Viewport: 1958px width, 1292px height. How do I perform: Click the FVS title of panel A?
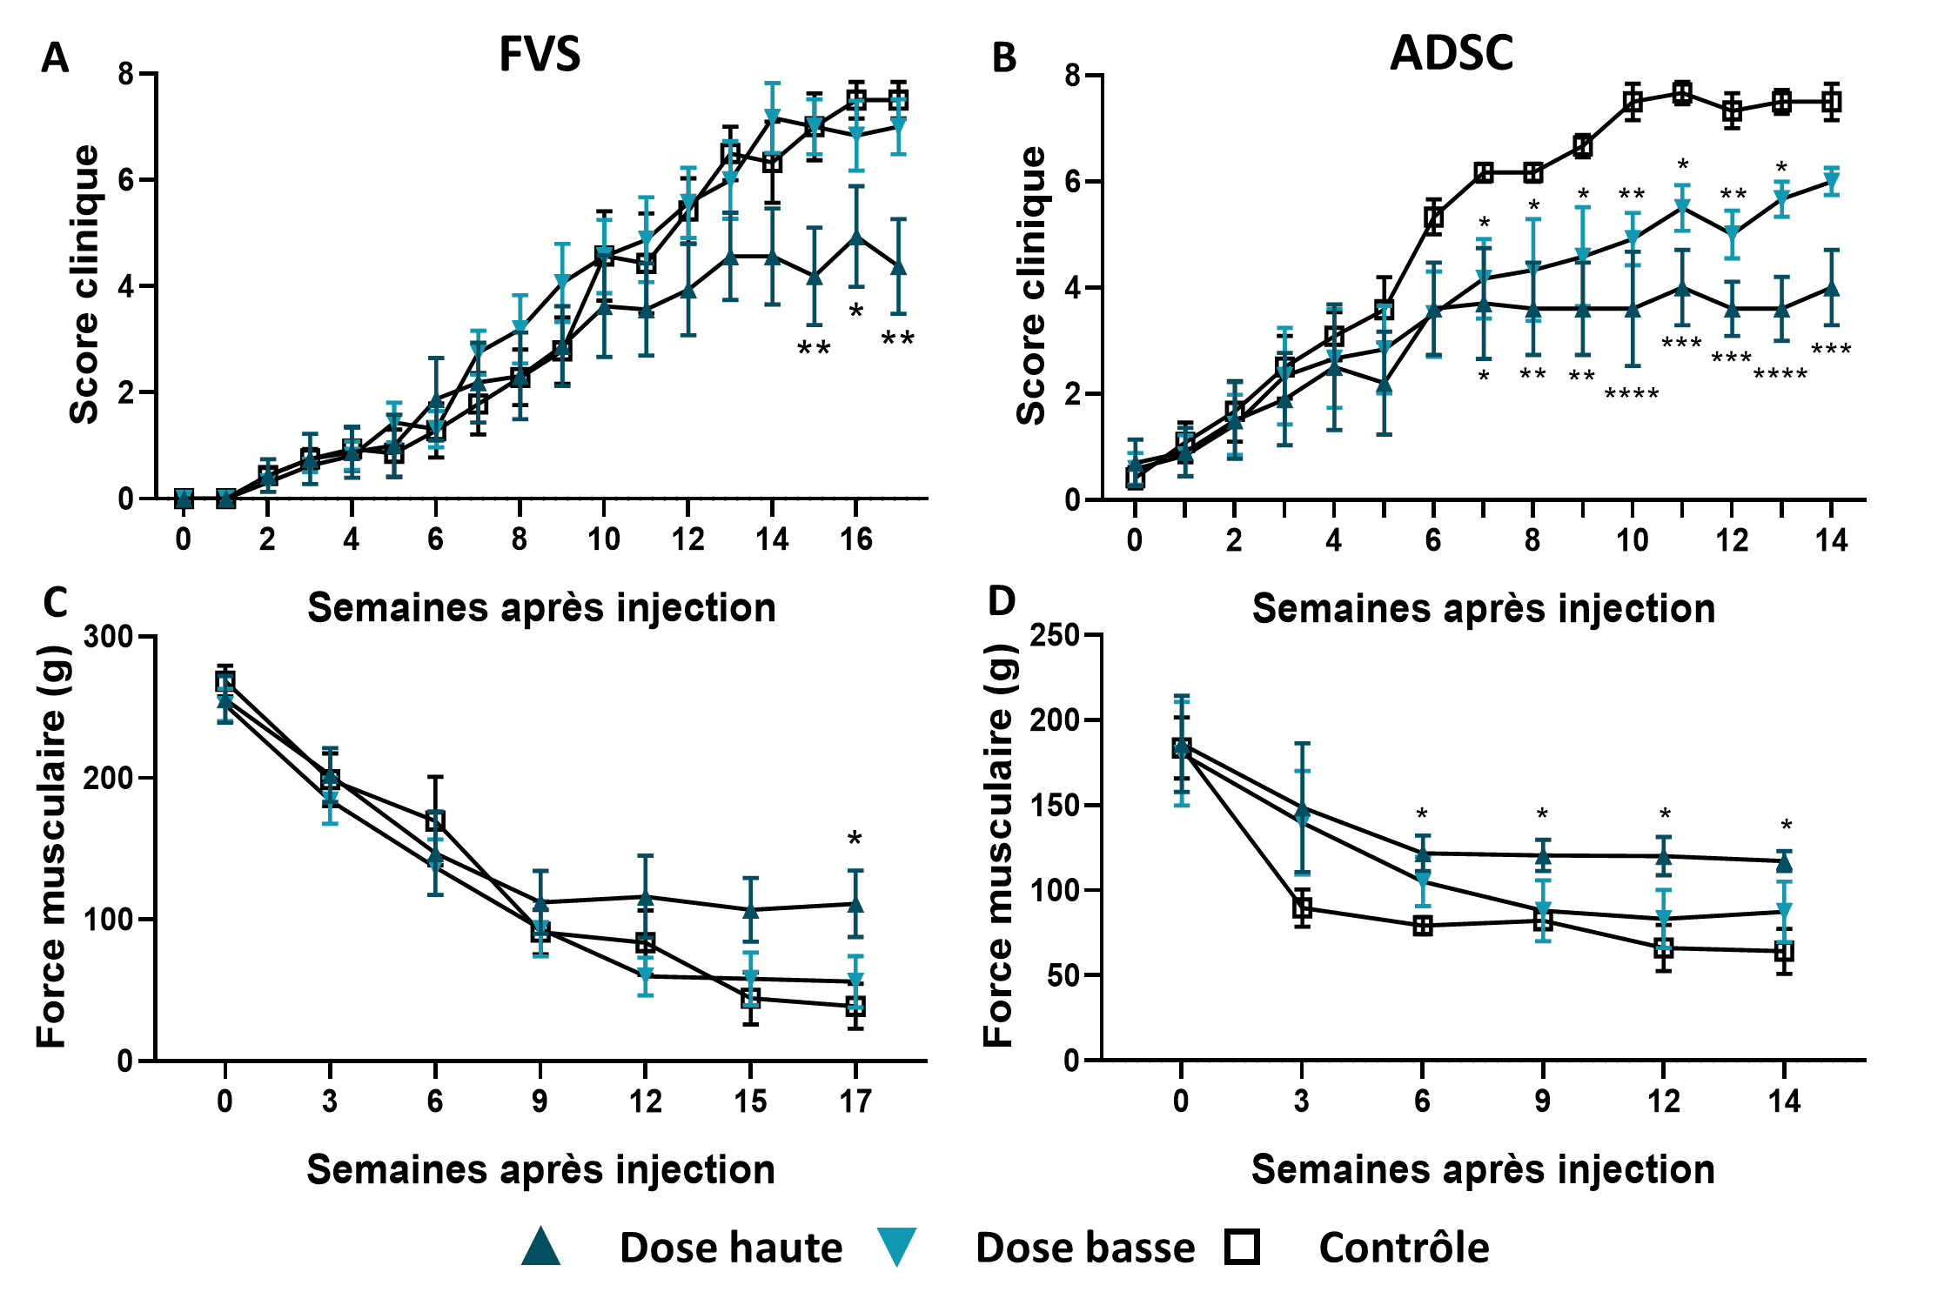click(x=539, y=54)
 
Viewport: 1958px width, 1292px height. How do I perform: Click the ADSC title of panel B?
click(x=1451, y=53)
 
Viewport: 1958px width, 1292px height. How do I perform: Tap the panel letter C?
click(x=55, y=602)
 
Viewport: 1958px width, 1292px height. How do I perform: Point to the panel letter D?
click(x=1002, y=601)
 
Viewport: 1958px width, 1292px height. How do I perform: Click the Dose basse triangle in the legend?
click(x=895, y=1246)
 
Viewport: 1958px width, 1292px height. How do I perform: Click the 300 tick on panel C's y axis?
click(x=108, y=637)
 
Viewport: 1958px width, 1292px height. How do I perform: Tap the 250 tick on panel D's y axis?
click(x=1054, y=635)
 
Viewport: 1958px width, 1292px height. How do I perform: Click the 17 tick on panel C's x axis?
click(x=855, y=1102)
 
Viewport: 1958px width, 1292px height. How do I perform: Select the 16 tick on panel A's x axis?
click(x=856, y=540)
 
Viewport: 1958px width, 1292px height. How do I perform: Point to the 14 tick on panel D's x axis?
click(x=1784, y=1102)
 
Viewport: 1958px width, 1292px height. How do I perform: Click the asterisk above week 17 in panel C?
click(x=855, y=839)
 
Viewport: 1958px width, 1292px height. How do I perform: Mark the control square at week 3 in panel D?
click(x=1302, y=908)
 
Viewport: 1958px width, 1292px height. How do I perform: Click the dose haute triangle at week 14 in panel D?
click(x=1784, y=862)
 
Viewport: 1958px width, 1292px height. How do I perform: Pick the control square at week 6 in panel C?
click(x=435, y=820)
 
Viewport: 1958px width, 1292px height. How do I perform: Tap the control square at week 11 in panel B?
click(x=1682, y=93)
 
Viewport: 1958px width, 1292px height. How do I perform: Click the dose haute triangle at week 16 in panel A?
click(x=856, y=237)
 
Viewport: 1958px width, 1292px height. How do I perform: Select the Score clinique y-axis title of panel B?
click(x=1031, y=285)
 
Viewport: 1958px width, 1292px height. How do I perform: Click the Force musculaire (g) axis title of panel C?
click(x=52, y=846)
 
